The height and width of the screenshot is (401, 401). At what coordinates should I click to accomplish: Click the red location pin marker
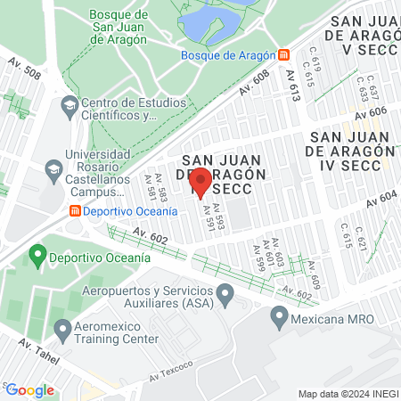pyautogui.click(x=200, y=181)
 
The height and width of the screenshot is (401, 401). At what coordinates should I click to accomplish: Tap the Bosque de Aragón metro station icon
pyautogui.click(x=283, y=54)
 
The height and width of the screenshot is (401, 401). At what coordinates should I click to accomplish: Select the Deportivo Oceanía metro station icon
pyautogui.click(x=76, y=211)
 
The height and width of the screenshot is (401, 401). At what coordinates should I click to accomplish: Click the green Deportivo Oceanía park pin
pyautogui.click(x=37, y=257)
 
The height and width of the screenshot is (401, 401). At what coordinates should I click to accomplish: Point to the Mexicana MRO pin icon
pyautogui.click(x=279, y=316)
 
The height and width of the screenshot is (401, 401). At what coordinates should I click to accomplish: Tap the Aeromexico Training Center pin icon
pyautogui.click(x=62, y=330)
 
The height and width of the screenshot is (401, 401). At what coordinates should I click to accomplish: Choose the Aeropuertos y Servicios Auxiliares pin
pyautogui.click(x=225, y=293)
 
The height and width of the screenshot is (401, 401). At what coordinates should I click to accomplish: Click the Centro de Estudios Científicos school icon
pyautogui.click(x=69, y=107)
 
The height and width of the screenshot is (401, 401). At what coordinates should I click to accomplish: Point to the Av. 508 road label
pyautogui.click(x=25, y=69)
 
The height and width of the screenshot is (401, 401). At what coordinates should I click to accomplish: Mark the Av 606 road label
pyautogui.click(x=368, y=110)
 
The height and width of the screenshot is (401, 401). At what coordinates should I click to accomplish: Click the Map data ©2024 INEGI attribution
pyautogui.click(x=347, y=394)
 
